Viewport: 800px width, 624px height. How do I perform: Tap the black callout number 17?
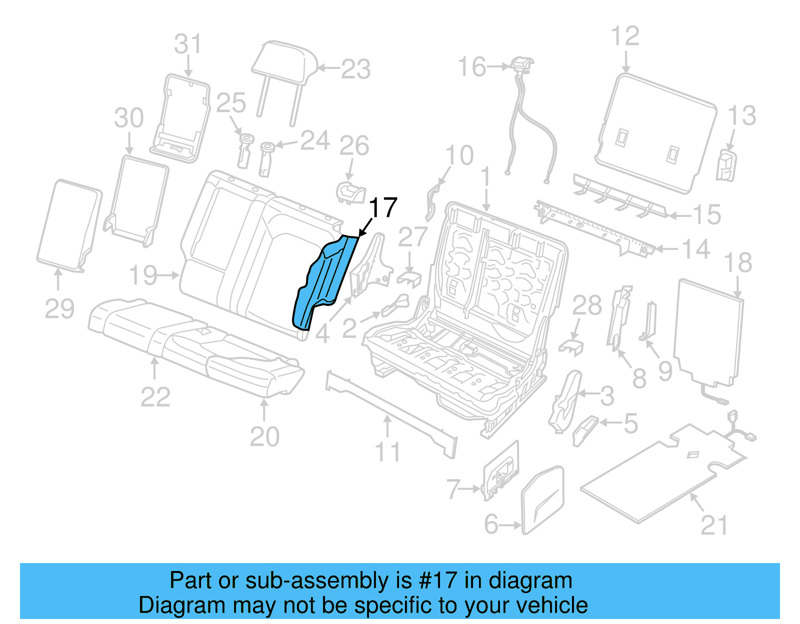coord(383,208)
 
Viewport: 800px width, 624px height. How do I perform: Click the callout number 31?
coord(188,44)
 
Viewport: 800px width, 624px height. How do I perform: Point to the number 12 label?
coord(625,36)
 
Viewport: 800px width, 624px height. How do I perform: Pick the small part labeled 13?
coord(726,165)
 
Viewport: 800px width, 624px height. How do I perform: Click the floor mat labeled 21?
coord(660,475)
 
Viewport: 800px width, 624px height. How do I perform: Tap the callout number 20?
coord(264,437)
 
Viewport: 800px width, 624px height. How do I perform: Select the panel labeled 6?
coord(542,500)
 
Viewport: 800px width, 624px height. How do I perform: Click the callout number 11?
coord(387,452)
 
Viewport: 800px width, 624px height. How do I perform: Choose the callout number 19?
coord(143,275)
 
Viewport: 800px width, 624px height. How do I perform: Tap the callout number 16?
coord(472,66)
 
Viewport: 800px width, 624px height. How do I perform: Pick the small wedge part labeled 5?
coord(585,430)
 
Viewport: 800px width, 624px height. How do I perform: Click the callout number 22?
coord(155,397)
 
